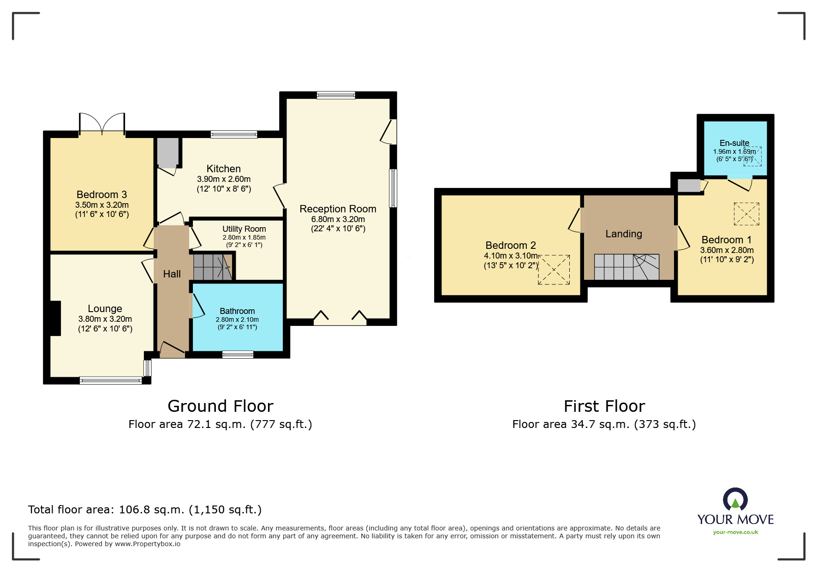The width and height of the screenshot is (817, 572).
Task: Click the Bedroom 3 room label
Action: coord(101,194)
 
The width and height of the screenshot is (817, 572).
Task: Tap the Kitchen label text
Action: coord(224,169)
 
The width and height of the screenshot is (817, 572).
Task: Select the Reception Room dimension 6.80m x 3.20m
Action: coord(338,219)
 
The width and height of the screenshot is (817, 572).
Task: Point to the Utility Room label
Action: coord(244,229)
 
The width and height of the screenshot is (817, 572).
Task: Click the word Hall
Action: coord(172,274)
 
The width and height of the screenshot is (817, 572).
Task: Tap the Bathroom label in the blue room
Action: coord(237,311)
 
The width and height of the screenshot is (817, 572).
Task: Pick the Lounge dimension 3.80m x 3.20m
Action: coord(105,319)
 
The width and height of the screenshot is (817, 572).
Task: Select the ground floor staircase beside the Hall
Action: coord(213,266)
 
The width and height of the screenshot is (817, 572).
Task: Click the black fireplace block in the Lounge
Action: coord(55,318)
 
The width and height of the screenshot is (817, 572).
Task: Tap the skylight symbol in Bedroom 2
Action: coord(554,270)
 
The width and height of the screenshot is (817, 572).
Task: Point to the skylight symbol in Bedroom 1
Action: coord(746,214)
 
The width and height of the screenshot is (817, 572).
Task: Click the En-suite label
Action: coord(734,143)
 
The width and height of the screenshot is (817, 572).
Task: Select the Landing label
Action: coord(624,234)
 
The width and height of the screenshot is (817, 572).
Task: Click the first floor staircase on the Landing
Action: coord(626,267)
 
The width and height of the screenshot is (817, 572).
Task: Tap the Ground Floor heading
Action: coord(221,406)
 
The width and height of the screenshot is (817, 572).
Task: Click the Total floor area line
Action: coord(145,510)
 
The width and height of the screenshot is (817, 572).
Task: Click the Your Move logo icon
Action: coord(735,500)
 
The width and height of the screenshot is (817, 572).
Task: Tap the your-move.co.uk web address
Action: coord(735,532)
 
